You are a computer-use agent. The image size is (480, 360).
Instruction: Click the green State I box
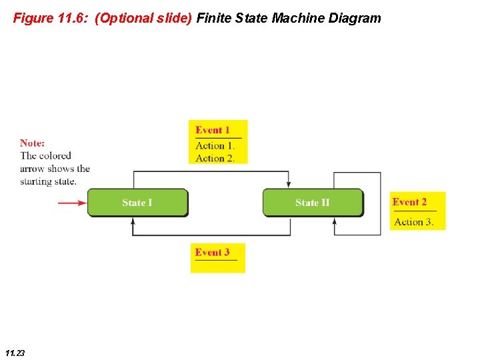[x=137, y=203]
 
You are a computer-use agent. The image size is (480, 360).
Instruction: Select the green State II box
[x=313, y=203]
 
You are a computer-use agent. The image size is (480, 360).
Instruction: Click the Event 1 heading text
[x=213, y=130]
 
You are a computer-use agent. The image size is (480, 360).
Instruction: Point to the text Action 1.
[x=215, y=146]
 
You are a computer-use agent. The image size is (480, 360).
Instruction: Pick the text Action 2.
[x=215, y=158]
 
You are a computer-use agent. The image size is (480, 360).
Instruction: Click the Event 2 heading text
[x=409, y=202]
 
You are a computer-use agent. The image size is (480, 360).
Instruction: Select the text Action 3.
[x=413, y=222]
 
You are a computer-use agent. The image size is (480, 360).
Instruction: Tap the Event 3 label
[x=212, y=252]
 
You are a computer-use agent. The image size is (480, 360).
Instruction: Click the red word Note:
[x=33, y=143]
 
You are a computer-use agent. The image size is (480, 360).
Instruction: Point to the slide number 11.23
[x=14, y=353]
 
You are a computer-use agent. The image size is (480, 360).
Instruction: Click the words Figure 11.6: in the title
[x=51, y=18]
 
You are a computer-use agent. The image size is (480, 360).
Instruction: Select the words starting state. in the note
[x=48, y=181]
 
